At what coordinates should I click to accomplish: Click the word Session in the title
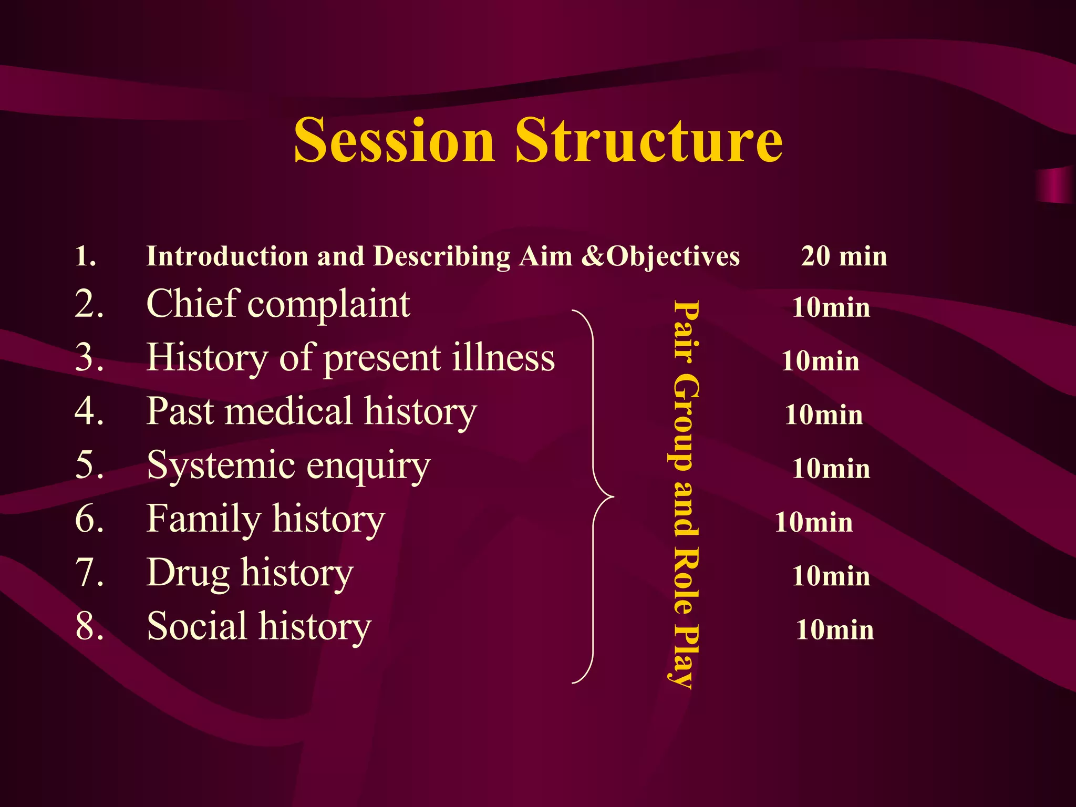[x=394, y=140]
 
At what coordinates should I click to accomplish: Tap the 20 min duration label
[x=844, y=256]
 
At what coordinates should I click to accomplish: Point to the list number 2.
[x=89, y=304]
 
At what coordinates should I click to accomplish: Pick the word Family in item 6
[x=203, y=520]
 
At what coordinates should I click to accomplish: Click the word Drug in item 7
[x=188, y=573]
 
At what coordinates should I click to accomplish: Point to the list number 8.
[x=89, y=627]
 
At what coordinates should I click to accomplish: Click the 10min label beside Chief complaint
[x=831, y=307]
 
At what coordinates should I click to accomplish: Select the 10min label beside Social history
[x=834, y=629]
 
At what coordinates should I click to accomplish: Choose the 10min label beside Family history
[x=813, y=522]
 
